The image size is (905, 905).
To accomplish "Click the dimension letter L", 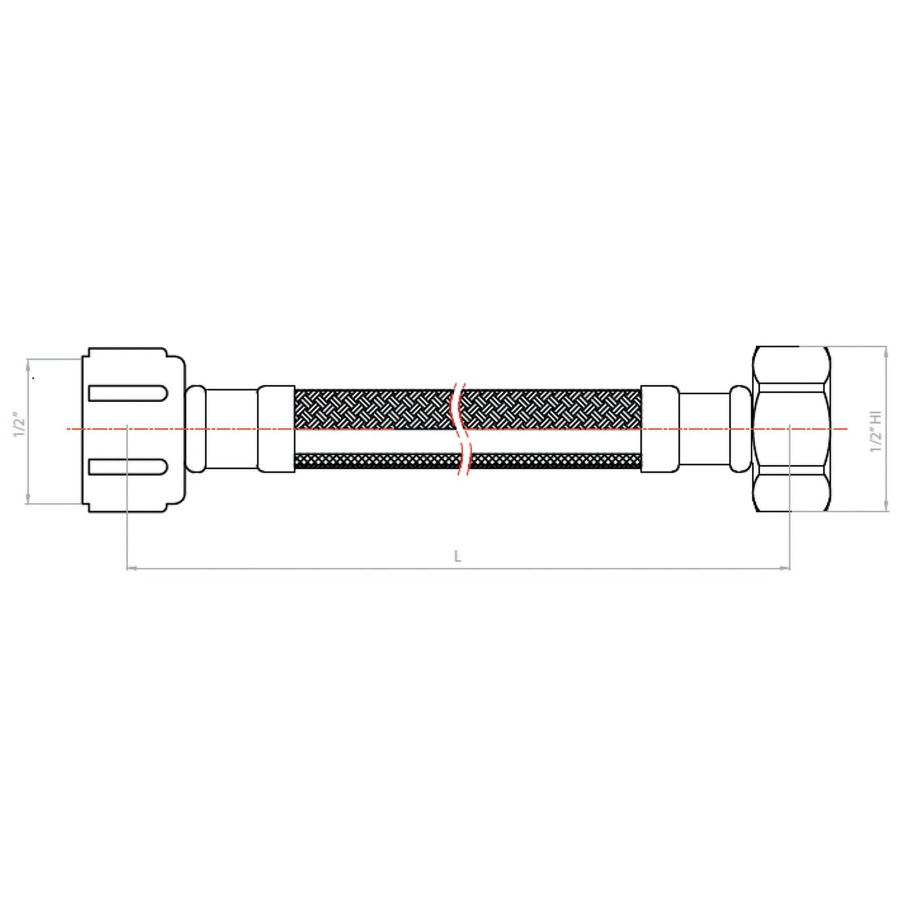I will [458, 556].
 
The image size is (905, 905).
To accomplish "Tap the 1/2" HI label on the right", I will [876, 432].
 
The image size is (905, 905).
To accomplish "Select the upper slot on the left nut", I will [128, 393].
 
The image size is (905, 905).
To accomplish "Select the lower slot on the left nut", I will [128, 466].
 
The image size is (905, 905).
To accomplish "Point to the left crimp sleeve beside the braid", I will [276, 429].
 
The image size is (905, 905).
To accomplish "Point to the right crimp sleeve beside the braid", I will [660, 429].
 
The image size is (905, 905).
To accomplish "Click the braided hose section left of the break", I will [373, 409].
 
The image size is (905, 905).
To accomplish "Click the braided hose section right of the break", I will [551, 409].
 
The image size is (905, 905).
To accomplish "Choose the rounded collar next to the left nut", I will [195, 429].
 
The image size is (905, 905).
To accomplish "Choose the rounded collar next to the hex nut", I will [740, 429].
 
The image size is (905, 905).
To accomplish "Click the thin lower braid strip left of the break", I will [373, 461].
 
